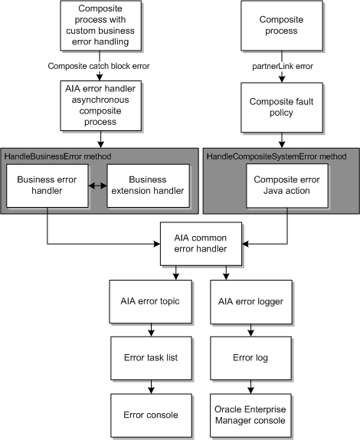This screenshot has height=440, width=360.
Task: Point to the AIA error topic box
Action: click(x=154, y=300)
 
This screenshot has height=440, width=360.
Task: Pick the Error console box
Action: click(x=154, y=415)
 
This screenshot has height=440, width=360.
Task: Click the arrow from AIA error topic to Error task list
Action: click(x=154, y=328)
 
